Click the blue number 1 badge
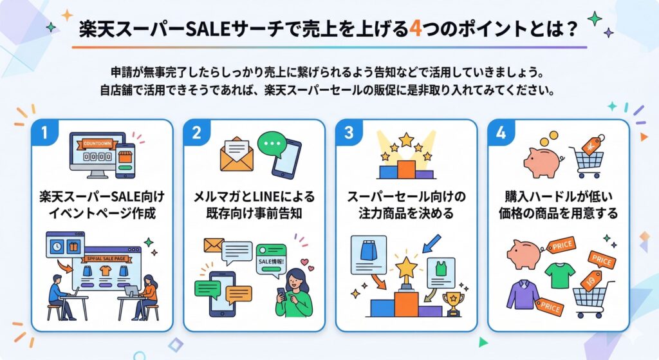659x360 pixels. point(44,133)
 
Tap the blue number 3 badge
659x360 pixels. point(348,133)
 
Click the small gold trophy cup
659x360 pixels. point(453,303)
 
